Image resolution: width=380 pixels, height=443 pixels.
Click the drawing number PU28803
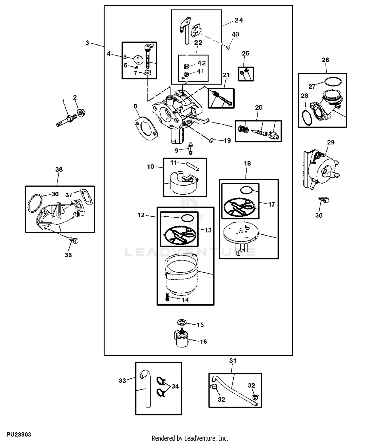(x=19, y=435)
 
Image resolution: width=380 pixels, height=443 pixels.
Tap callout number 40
(x=235, y=34)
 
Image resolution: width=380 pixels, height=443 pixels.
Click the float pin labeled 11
(x=193, y=166)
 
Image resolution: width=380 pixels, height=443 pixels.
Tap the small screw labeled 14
(x=167, y=296)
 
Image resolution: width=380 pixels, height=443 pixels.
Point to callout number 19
(x=227, y=140)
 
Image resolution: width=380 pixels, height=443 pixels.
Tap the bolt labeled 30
(x=324, y=200)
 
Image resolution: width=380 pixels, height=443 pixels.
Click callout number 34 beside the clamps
(x=175, y=386)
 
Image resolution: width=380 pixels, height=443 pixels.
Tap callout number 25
(x=245, y=53)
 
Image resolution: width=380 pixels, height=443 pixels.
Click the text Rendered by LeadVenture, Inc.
(x=190, y=438)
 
